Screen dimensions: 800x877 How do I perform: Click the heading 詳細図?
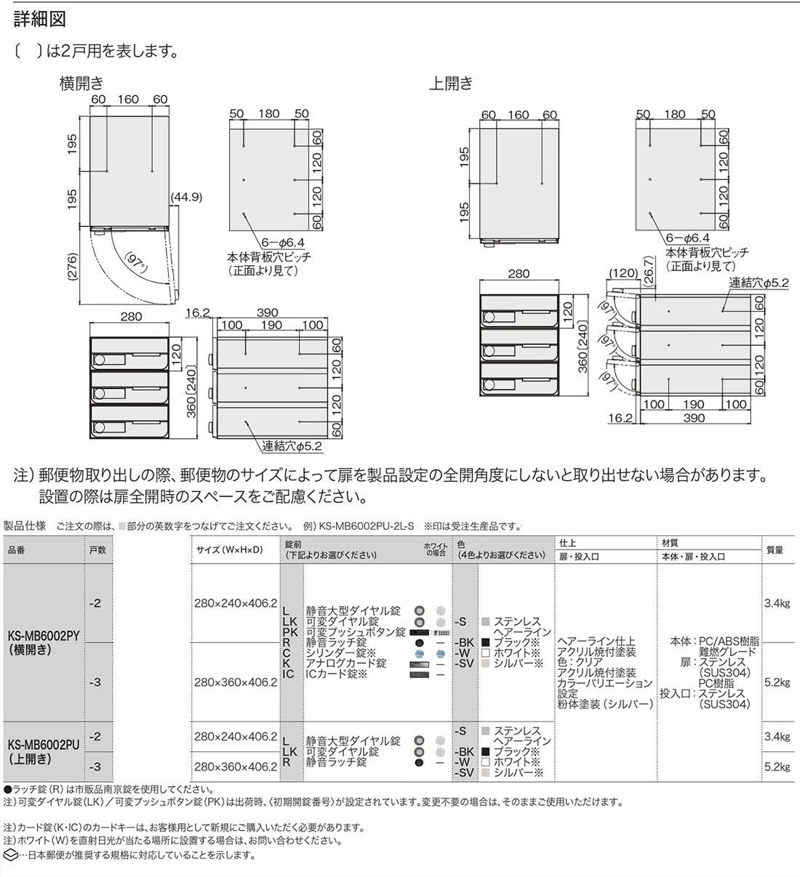pos(40,20)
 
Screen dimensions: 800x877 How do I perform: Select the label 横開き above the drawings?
pos(82,83)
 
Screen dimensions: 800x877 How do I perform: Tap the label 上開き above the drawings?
pos(451,83)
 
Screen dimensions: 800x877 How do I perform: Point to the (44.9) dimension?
pos(186,197)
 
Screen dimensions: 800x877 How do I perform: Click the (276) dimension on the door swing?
pos(73,267)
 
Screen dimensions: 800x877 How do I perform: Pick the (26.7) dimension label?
pos(649,272)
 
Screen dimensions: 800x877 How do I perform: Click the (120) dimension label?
pos(623,273)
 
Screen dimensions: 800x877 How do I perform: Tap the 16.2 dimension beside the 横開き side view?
pos(197,313)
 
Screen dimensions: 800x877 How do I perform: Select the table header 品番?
pos(17,550)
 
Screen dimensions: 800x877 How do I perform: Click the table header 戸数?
pos(97,550)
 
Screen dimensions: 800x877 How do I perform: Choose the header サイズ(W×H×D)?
pos(229,550)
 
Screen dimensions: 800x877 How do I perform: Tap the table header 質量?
pos(775,550)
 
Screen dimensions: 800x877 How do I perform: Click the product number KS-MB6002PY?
pos(44,636)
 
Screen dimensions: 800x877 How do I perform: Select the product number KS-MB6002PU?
pos(44,745)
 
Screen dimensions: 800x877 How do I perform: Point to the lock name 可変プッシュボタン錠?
pos(356,632)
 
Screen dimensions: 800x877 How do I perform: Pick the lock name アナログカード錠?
pos(345,663)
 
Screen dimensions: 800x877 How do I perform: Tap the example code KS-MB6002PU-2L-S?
pos(366,526)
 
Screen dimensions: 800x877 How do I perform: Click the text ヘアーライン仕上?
pos(596,642)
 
